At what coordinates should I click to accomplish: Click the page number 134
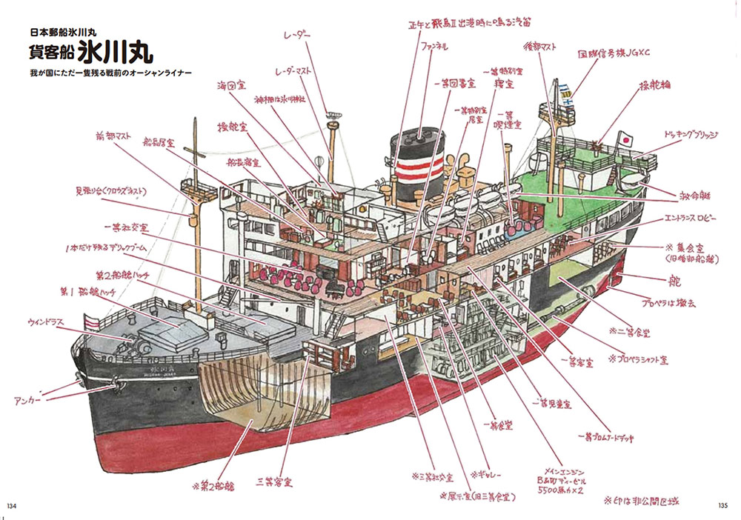pyautogui.click(x=12, y=506)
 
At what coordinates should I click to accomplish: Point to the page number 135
pyautogui.click(x=725, y=506)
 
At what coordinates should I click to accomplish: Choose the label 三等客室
pyautogui.click(x=273, y=482)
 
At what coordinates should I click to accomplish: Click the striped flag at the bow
pyautogui.click(x=93, y=321)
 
